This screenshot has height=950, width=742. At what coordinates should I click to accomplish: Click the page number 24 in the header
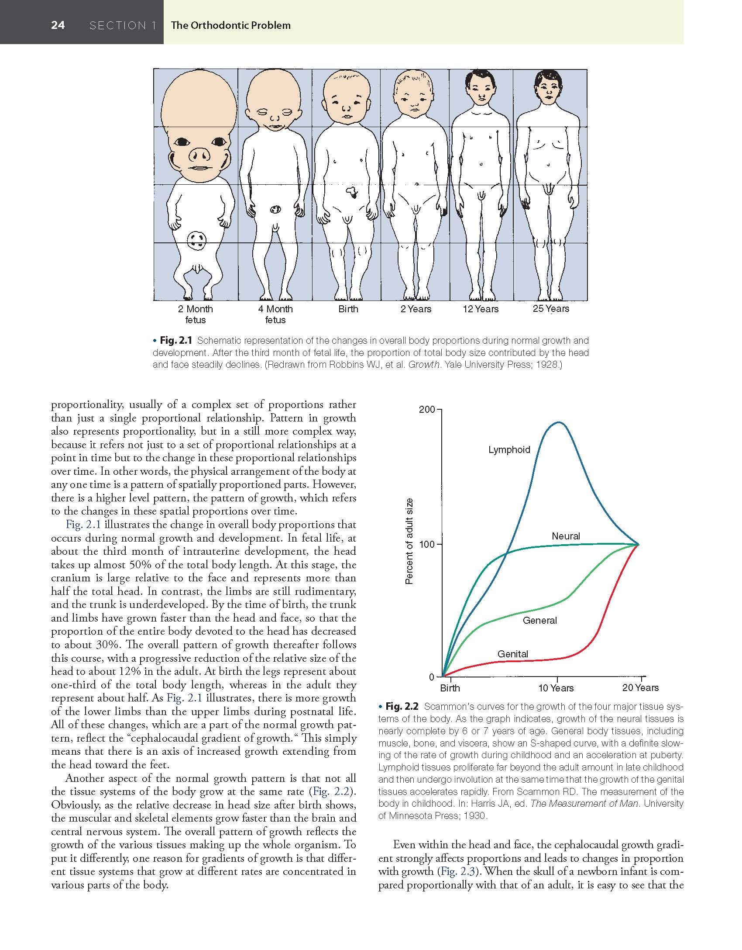[58, 25]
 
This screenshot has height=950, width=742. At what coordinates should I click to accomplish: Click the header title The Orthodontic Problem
[230, 25]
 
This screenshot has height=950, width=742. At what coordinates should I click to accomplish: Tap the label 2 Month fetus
[195, 314]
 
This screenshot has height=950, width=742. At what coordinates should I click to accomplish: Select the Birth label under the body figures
[348, 309]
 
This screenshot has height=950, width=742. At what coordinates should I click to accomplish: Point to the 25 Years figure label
[551, 309]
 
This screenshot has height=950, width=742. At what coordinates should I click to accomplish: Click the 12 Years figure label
[480, 309]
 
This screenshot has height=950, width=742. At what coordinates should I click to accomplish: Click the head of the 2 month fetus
[199, 127]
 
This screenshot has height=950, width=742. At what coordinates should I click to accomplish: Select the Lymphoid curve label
[509, 450]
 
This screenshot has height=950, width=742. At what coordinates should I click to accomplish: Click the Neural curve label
[566, 536]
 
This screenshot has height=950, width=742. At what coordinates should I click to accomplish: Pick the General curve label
[539, 620]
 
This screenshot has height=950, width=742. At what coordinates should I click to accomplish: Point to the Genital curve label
[512, 654]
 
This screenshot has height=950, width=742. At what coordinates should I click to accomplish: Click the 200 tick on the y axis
[427, 410]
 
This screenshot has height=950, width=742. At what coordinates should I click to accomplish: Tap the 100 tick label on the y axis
[427, 545]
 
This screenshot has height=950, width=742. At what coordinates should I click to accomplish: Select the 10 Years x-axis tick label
[556, 688]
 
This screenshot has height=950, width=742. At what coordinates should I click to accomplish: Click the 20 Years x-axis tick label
[640, 688]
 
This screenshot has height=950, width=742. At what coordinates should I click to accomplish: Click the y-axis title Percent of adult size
[409, 542]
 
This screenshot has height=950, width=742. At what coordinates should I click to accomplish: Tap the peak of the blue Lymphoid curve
[559, 422]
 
